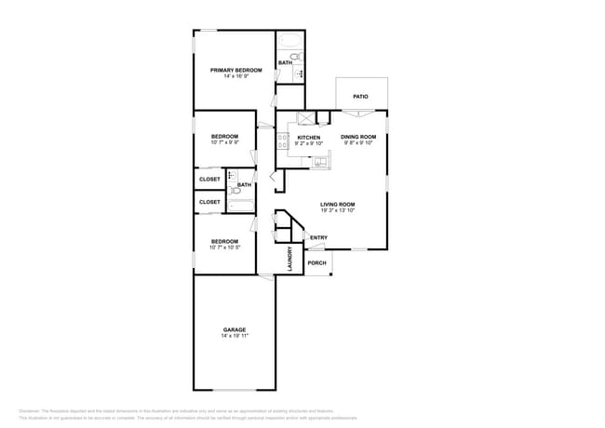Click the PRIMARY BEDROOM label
pyautogui.click(x=235, y=70)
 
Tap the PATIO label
pyautogui.click(x=360, y=97)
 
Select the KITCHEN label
pyautogui.click(x=309, y=138)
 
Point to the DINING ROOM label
pyautogui.click(x=358, y=138)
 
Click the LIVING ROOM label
pyautogui.click(x=338, y=205)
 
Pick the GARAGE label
pyautogui.click(x=235, y=329)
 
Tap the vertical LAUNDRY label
pyautogui.click(x=290, y=258)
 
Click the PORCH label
pyautogui.click(x=317, y=262)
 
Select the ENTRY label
pyautogui.click(x=318, y=237)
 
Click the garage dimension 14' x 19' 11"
pyautogui.click(x=235, y=336)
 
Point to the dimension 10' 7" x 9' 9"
pyautogui.click(x=224, y=142)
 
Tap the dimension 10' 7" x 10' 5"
pyautogui.click(x=224, y=247)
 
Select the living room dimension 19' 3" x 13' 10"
pyautogui.click(x=338, y=211)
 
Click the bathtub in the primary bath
pyautogui.click(x=289, y=41)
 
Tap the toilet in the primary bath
pyautogui.click(x=296, y=58)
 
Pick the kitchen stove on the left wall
pyautogui.click(x=280, y=141)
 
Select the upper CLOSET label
pyautogui.click(x=209, y=179)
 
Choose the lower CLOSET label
pyautogui.click(x=209, y=202)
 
